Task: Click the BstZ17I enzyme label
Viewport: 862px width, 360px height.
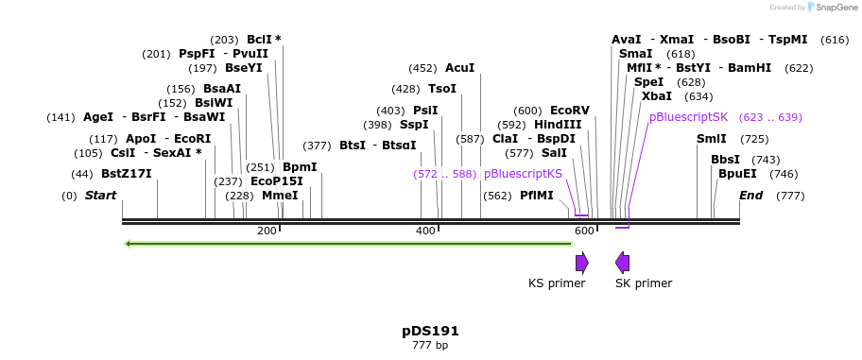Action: click(x=126, y=174)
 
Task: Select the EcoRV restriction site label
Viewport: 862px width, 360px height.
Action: click(x=569, y=111)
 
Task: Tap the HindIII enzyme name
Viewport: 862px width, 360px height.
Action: click(x=558, y=125)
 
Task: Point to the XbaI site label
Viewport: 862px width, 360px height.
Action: click(x=656, y=96)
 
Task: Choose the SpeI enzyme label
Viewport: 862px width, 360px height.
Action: click(x=648, y=82)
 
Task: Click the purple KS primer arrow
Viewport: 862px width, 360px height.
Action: click(x=582, y=262)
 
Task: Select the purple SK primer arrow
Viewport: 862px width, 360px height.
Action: click(x=622, y=262)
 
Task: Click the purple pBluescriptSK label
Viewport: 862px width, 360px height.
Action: click(x=688, y=117)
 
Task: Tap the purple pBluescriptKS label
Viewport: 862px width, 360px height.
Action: click(x=523, y=174)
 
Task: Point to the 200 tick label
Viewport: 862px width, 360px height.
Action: click(x=267, y=231)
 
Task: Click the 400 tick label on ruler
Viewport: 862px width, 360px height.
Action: click(x=426, y=231)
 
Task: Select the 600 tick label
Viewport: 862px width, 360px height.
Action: click(x=584, y=231)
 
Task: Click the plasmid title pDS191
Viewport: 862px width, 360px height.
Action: click(x=430, y=331)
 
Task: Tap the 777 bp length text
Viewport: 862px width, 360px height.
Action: click(x=430, y=346)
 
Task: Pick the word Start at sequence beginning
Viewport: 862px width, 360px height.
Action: click(x=100, y=196)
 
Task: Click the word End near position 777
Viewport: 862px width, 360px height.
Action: click(x=750, y=196)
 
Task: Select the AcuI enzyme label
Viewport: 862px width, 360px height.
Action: click(x=459, y=68)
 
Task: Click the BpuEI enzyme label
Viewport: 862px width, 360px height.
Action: click(x=737, y=174)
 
